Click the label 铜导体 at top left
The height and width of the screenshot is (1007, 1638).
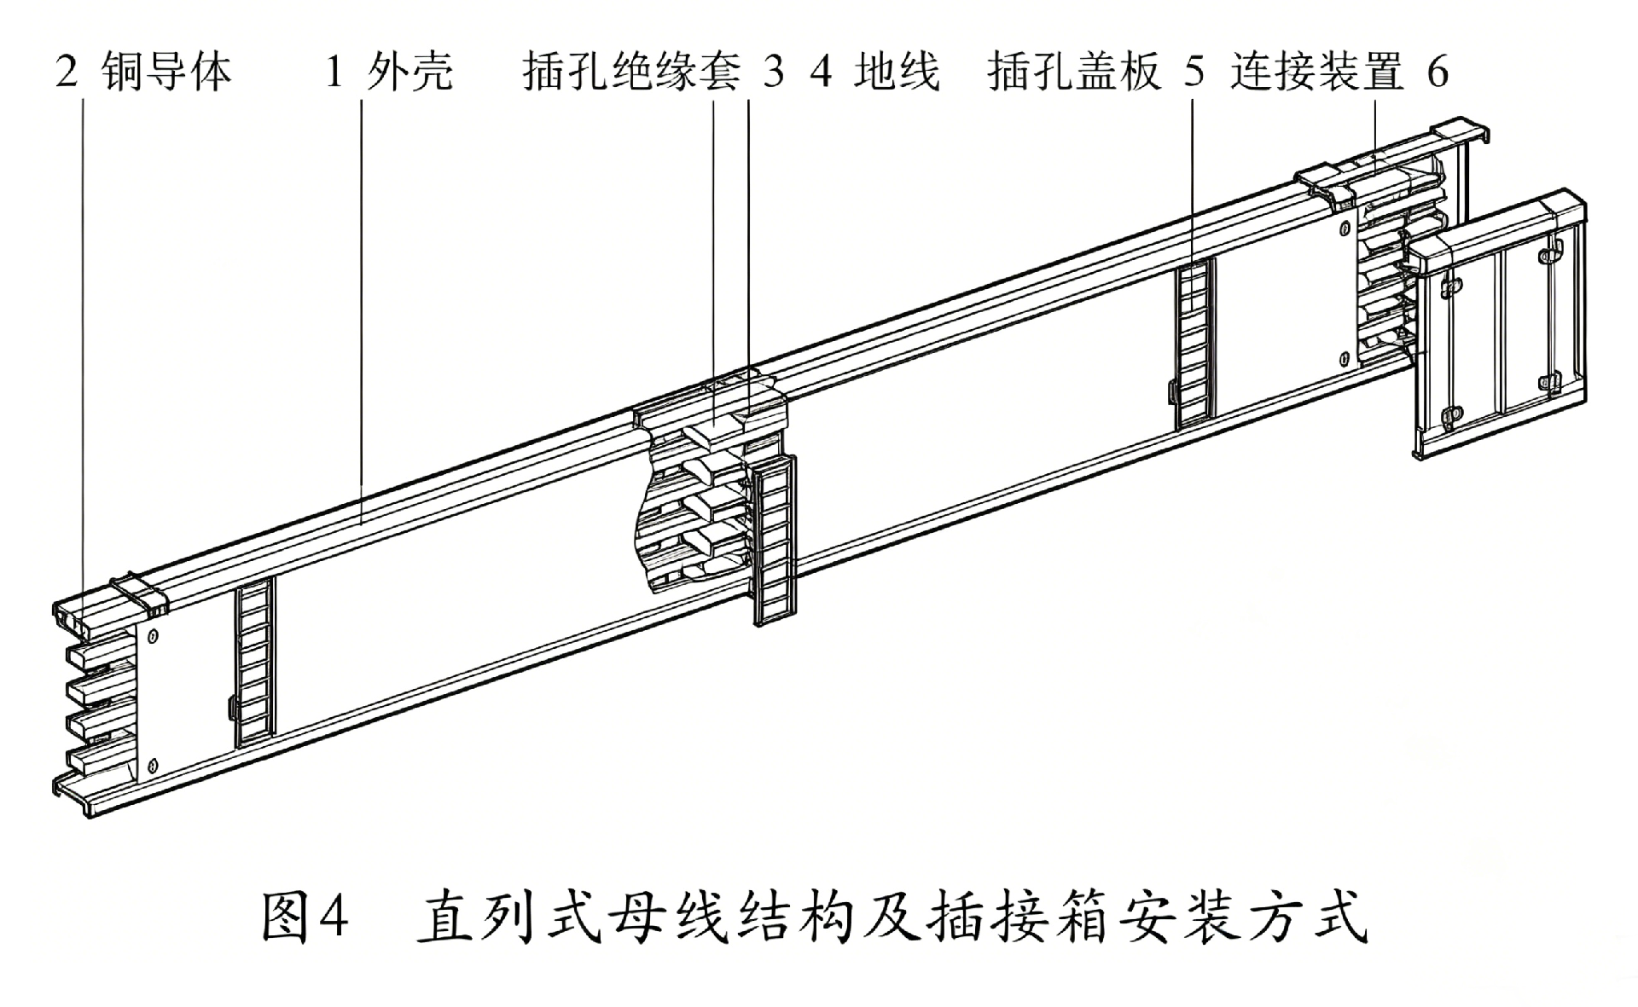pyautogui.click(x=166, y=71)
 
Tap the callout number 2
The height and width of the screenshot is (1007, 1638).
pyautogui.click(x=67, y=72)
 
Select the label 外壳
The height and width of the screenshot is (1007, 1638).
pyautogui.click(x=409, y=71)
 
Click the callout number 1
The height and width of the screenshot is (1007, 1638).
pyautogui.click(x=334, y=72)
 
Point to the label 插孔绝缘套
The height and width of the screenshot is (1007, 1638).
pyautogui.click(x=631, y=71)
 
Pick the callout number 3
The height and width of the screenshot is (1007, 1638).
pyautogui.click(x=773, y=72)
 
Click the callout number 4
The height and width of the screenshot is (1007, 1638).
pyautogui.click(x=821, y=72)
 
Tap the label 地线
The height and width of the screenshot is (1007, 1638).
pyautogui.click(x=897, y=71)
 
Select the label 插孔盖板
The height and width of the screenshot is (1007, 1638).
pyautogui.click(x=1074, y=71)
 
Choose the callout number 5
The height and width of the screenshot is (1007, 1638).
pyautogui.click(x=1195, y=72)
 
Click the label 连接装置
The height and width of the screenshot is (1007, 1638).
pyautogui.click(x=1316, y=71)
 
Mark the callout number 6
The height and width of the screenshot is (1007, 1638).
pyautogui.click(x=1438, y=72)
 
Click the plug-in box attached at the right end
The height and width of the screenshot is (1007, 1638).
pyautogui.click(x=1499, y=324)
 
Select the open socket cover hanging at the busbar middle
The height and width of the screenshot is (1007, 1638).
pyautogui.click(x=775, y=540)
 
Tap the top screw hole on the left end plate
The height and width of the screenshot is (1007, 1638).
pyautogui.click(x=154, y=635)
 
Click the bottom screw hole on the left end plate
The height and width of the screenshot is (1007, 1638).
pyautogui.click(x=154, y=764)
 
